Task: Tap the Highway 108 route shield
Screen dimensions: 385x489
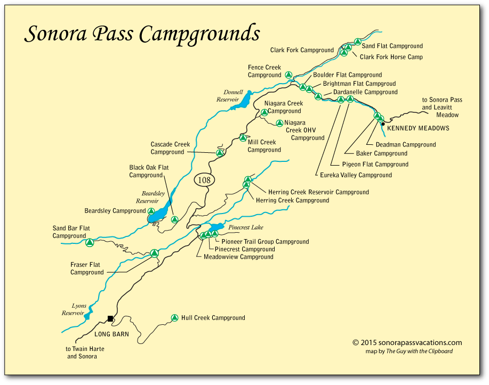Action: click(204, 180)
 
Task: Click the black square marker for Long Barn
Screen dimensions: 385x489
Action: click(110, 318)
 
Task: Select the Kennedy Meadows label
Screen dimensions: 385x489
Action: click(418, 128)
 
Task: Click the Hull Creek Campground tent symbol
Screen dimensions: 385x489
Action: click(174, 318)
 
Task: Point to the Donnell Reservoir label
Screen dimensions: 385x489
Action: click(230, 96)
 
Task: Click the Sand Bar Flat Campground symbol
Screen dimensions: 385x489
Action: click(90, 243)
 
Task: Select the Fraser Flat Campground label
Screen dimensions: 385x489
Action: click(87, 268)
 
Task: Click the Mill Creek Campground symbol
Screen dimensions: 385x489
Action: click(243, 138)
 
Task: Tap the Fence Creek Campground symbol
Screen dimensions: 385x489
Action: click(288, 75)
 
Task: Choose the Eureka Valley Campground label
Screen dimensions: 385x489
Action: click(356, 175)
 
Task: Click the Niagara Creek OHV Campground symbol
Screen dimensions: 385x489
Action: click(279, 123)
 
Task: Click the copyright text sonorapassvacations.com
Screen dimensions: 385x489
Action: click(407, 343)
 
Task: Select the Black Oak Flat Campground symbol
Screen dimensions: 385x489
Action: click(174, 219)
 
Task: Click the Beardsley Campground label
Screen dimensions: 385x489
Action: click(115, 211)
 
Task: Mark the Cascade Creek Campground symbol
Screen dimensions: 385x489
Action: click(219, 153)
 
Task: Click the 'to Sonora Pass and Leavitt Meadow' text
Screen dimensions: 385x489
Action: click(442, 107)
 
